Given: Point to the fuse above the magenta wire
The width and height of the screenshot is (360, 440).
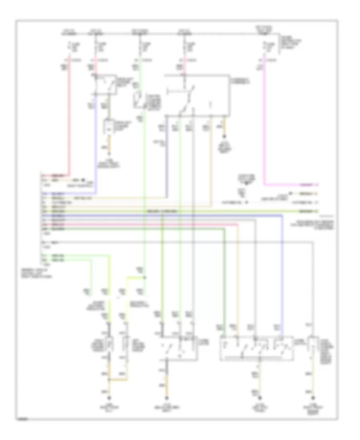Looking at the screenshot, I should pos(264,47).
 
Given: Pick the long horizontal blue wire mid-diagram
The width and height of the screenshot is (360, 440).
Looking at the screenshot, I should pos(160,215).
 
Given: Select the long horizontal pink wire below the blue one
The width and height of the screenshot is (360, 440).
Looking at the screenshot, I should pos(140,225).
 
